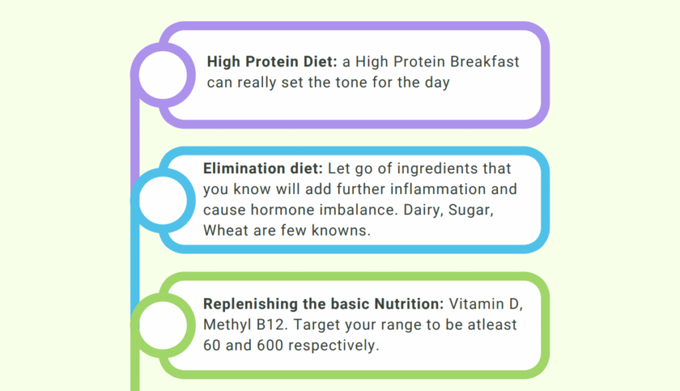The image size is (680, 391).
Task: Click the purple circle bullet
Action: click(x=134, y=74)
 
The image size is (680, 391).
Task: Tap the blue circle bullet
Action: click(x=134, y=200)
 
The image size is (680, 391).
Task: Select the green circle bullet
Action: click(x=134, y=325)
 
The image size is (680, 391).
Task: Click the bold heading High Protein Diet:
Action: click(x=272, y=62)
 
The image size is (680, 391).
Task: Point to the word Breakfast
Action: click(x=484, y=62)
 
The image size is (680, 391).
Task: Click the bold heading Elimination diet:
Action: click(x=263, y=168)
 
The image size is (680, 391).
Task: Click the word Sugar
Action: click(x=471, y=210)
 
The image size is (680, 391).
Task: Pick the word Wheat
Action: click(x=226, y=230)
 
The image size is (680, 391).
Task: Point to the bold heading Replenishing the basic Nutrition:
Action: click(x=323, y=304)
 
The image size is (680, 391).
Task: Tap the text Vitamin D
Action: click(x=485, y=304)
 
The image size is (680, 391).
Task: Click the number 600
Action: click(x=270, y=345)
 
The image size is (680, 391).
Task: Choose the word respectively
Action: click(x=333, y=346)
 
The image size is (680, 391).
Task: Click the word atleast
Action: click(x=492, y=325)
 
